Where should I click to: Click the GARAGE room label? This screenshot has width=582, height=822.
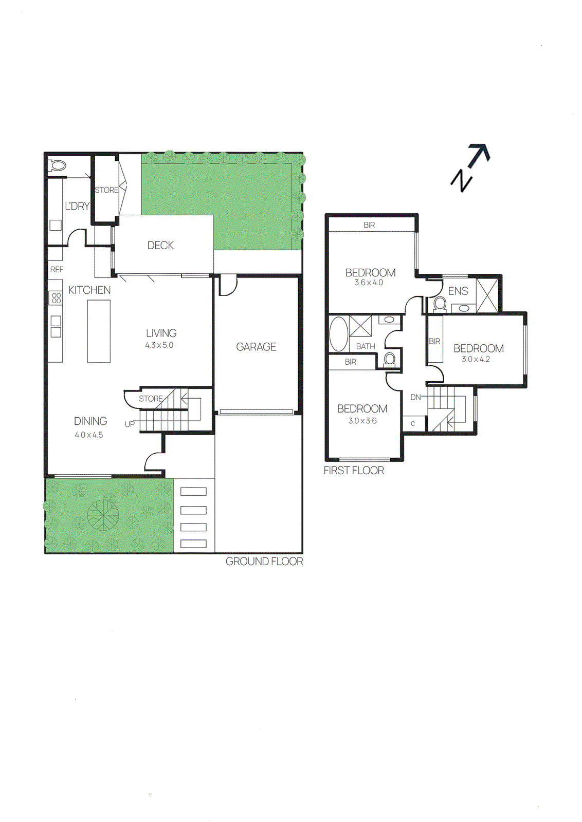256,347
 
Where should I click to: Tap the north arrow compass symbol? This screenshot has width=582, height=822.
470,167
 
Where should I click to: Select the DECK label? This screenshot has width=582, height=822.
160,246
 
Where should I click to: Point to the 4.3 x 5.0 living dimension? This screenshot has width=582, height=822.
159,345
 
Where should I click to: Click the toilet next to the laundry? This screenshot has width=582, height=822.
57,166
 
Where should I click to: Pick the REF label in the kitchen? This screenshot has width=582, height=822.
57,269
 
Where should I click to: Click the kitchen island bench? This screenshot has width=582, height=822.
99,331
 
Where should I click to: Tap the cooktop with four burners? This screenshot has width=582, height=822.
56,297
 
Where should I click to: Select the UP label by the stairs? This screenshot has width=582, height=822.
130,424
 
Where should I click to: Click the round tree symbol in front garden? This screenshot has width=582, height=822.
103,514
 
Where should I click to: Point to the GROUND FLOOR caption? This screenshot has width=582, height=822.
264,562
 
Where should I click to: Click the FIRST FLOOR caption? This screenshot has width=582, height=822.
354,470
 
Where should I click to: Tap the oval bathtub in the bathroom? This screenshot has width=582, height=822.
338,334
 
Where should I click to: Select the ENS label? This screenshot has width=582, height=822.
458,291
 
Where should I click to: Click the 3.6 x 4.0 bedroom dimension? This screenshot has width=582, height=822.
369,283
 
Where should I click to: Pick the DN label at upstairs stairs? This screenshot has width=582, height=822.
415,397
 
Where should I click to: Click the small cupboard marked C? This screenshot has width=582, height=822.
413,423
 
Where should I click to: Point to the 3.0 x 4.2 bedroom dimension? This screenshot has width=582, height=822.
476,359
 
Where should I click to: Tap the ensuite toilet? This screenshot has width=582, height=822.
440,304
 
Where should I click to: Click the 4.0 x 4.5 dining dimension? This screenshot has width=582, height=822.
89,435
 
